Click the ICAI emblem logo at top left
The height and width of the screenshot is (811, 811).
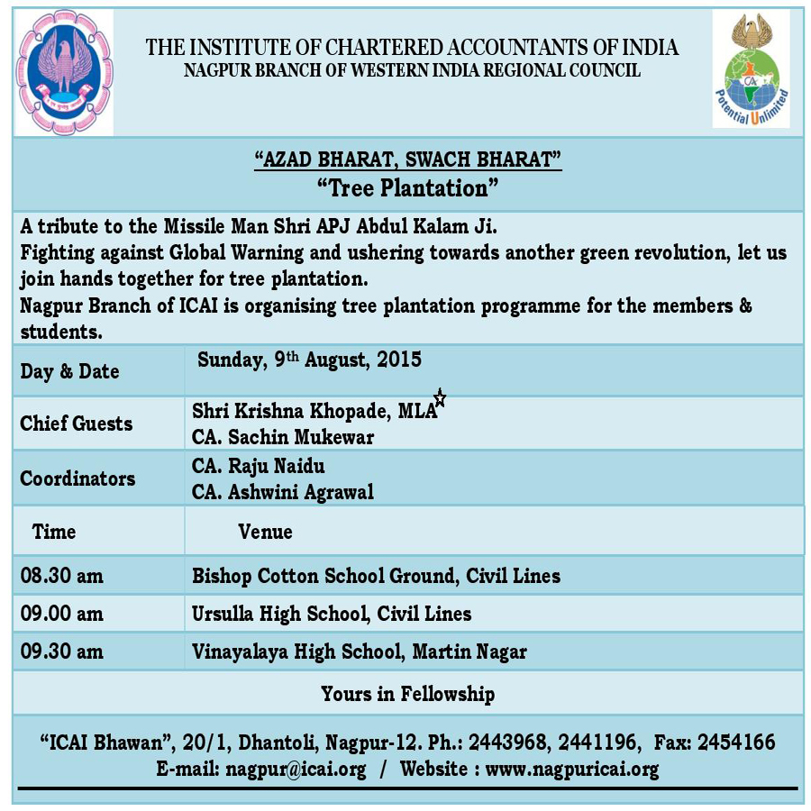[65, 72]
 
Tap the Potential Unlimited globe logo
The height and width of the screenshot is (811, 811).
[751, 70]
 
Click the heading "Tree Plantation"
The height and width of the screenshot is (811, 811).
[407, 187]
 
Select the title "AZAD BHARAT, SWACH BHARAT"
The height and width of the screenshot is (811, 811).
[407, 160]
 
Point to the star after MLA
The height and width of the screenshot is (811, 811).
[440, 397]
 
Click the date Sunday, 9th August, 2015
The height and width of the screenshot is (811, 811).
[309, 360]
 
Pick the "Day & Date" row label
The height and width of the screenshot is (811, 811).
[69, 371]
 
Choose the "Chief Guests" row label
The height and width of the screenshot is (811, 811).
[76, 424]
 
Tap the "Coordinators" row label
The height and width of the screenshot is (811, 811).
[77, 478]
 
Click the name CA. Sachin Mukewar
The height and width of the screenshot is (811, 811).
[283, 437]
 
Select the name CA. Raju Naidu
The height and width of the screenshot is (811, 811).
[259, 467]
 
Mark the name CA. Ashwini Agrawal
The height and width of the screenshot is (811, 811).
[283, 492]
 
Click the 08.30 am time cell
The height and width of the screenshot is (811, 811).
[61, 575]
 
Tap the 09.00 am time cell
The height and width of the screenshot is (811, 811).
[61, 614]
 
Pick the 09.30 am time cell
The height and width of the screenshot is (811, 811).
[61, 651]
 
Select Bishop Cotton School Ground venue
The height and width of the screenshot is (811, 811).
[376, 575]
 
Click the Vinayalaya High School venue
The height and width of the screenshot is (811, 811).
[360, 651]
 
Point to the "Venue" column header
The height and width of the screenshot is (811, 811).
[265, 532]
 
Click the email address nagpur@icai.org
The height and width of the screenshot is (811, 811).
[296, 770]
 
